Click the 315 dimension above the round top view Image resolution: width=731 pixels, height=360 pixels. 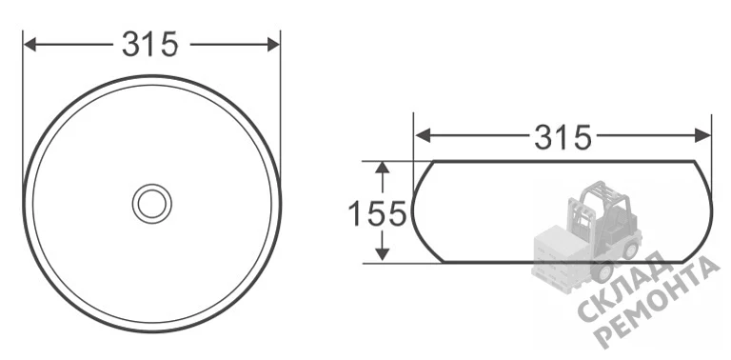click(150, 45)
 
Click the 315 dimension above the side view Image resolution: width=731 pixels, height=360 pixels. click(563, 137)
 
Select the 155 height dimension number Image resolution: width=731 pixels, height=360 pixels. click(377, 213)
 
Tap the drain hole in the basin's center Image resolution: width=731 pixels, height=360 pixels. click(152, 204)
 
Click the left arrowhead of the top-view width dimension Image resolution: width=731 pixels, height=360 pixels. click(30, 45)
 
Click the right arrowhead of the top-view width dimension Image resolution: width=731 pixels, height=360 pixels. click(273, 45)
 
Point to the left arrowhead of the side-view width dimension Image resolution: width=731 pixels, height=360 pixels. click(422, 135)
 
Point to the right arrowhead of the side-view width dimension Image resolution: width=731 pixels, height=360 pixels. click(703, 135)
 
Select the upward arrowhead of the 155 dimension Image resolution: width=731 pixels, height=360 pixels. click(383, 169)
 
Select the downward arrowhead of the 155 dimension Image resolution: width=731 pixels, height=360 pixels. click(383, 253)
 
